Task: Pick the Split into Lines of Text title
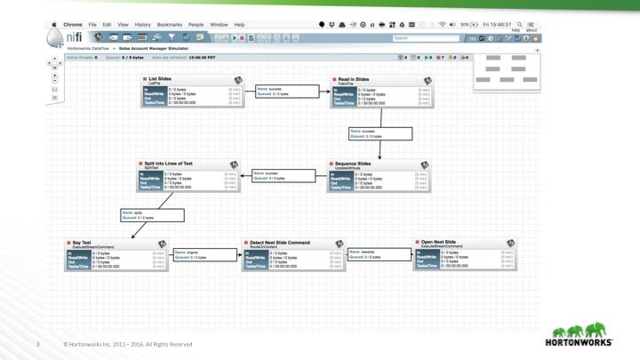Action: point(169,164)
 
